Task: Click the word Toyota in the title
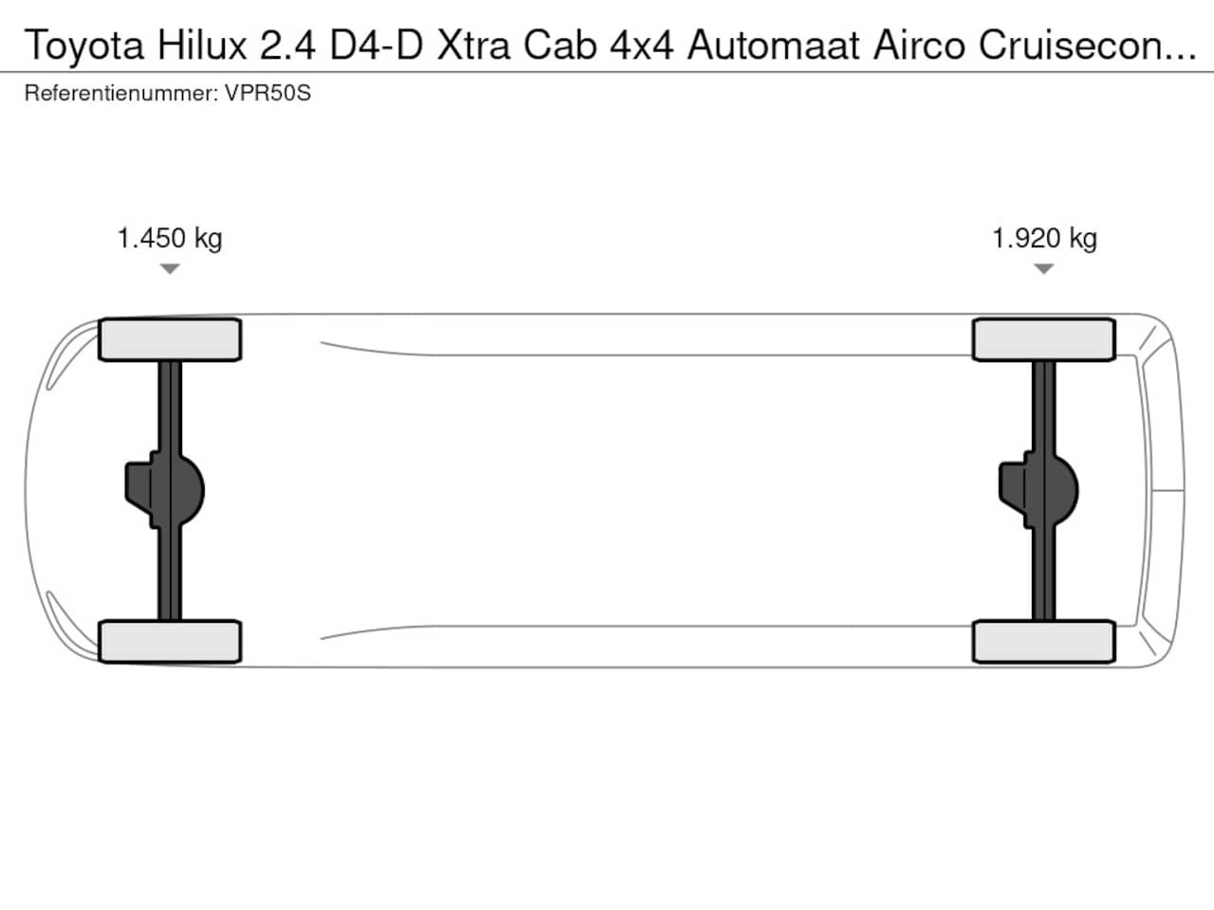click(x=84, y=46)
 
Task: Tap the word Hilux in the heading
click(x=202, y=45)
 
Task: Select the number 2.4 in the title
click(x=287, y=45)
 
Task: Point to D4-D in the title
click(x=377, y=45)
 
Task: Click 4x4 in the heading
click(x=641, y=45)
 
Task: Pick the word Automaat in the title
click(x=773, y=45)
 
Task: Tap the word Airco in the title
click(x=919, y=45)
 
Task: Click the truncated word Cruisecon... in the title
click(x=1088, y=45)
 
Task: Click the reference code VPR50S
click(x=267, y=93)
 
